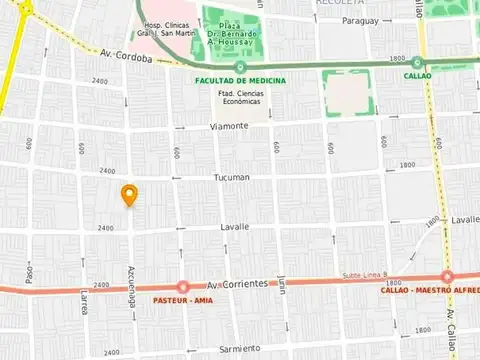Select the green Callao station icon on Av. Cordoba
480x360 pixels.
tap(417, 62)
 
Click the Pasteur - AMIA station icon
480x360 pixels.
tap(182, 287)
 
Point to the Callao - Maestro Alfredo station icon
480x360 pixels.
tap(447, 277)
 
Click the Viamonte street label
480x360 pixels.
tap(230, 126)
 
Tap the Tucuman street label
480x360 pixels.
tap(231, 177)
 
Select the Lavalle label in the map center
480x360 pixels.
tap(233, 227)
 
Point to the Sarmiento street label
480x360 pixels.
tap(240, 348)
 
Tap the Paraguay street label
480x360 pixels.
tap(360, 20)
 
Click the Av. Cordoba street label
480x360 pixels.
tap(126, 57)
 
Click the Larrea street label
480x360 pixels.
tap(84, 302)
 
